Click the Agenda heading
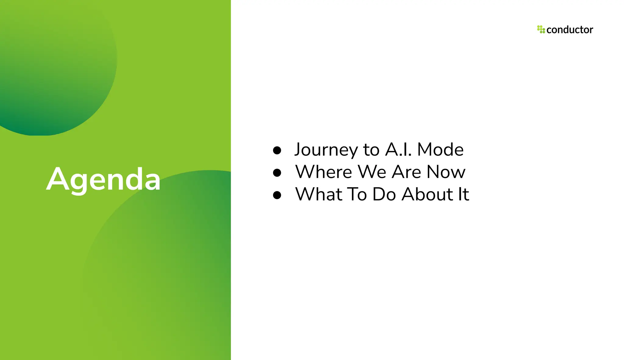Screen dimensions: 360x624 (x=103, y=179)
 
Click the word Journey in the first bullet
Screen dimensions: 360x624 (x=326, y=150)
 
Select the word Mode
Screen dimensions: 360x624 (x=440, y=150)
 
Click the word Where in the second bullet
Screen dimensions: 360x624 (x=324, y=172)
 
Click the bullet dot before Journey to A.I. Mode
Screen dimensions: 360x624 (x=277, y=150)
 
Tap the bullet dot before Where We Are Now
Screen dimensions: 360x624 (x=277, y=173)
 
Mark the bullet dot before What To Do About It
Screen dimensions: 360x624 (x=277, y=195)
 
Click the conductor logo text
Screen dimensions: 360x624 (x=569, y=30)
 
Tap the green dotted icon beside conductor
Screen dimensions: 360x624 (x=541, y=29)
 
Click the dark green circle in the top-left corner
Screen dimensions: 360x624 (x=52, y=70)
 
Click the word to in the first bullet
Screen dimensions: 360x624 (x=371, y=150)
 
